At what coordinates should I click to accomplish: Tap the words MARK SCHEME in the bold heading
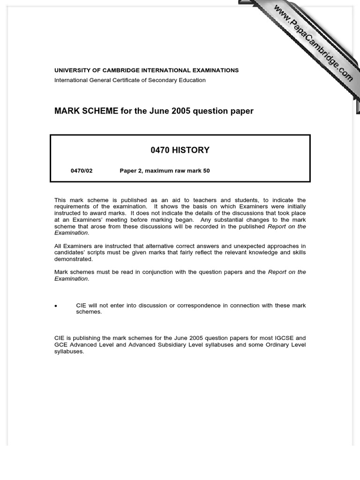coord(86,111)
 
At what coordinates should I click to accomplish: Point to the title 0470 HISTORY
coord(180,150)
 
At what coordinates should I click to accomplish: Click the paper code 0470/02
coord(82,171)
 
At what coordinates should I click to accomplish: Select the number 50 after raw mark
coord(206,171)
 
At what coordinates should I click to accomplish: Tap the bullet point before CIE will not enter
coord(56,306)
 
